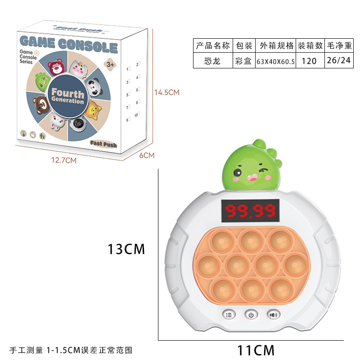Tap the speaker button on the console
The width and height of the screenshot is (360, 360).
pyautogui.click(x=273, y=315)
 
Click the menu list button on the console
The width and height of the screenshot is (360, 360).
pyautogui.click(x=228, y=315)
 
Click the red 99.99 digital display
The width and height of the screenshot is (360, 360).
pyautogui.click(x=250, y=210)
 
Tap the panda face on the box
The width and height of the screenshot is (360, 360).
pyautogui.click(x=95, y=87)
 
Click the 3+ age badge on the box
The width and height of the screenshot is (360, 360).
pyautogui.click(x=111, y=64)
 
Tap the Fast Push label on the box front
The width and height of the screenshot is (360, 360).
pyautogui.click(x=103, y=144)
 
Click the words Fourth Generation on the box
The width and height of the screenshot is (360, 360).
pyautogui.click(x=68, y=96)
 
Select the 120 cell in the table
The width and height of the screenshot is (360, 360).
pyautogui.click(x=310, y=61)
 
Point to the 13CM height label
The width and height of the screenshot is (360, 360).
pyautogui.click(x=127, y=249)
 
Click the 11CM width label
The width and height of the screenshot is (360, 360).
pyautogui.click(x=256, y=349)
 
